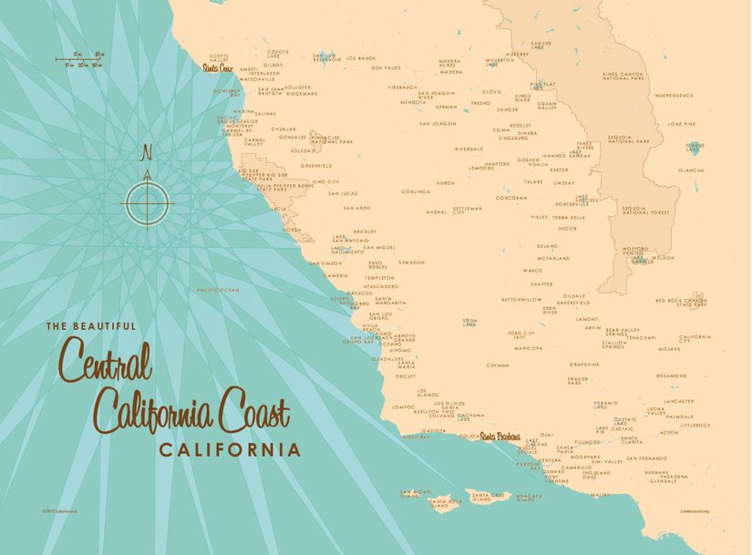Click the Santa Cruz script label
218,67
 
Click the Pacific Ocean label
218,290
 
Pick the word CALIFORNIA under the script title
230,449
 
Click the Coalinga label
415,191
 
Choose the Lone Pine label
681,124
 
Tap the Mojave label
669,349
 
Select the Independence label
673,95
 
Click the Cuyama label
498,365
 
